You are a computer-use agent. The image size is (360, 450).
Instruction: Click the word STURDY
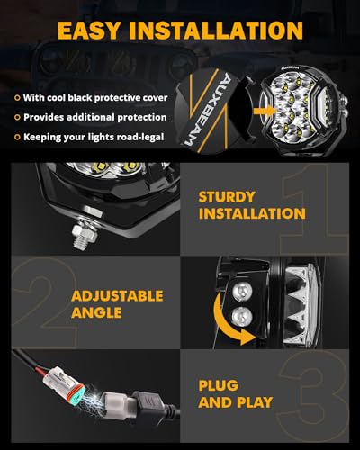[x=228, y=196]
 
